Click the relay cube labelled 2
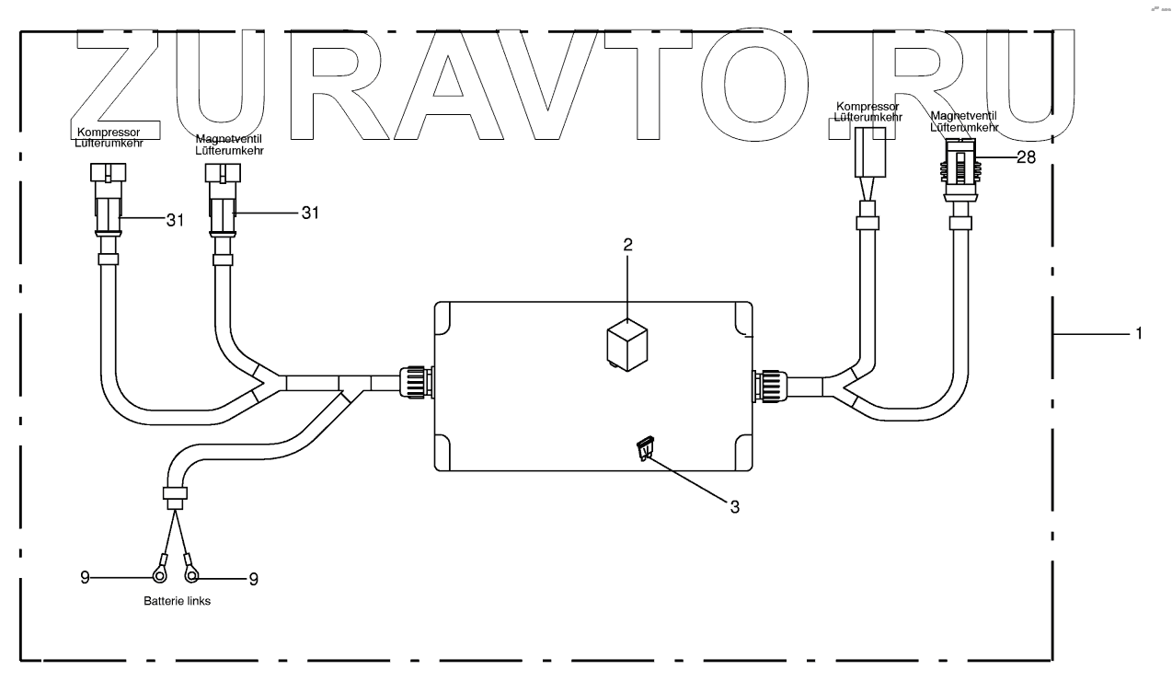[626, 348]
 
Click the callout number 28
[1026, 157]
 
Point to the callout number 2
[627, 245]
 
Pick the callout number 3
[734, 505]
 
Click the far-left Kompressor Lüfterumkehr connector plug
[107, 198]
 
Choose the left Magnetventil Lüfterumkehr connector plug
[223, 198]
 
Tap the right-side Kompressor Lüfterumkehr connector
[869, 152]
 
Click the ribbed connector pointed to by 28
[961, 170]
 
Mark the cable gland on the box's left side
[414, 382]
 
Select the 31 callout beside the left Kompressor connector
[175, 219]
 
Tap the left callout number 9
[85, 578]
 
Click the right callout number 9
[254, 579]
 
